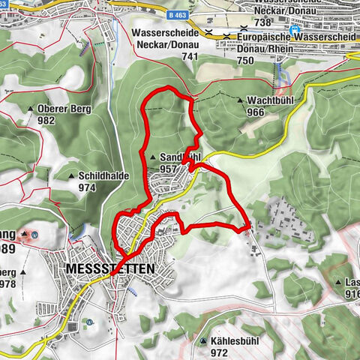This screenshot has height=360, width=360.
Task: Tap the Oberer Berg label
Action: coord(64,108)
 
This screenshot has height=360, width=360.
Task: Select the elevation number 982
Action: coord(46,120)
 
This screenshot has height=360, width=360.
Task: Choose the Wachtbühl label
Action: coord(272,100)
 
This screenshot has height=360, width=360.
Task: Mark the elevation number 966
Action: coord(256,112)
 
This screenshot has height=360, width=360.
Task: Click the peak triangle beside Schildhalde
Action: coord(70,176)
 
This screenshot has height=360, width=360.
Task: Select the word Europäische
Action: coord(263,36)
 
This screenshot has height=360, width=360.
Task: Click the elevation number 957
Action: coord(168,169)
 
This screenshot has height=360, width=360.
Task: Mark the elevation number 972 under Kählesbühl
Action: coord(219,352)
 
